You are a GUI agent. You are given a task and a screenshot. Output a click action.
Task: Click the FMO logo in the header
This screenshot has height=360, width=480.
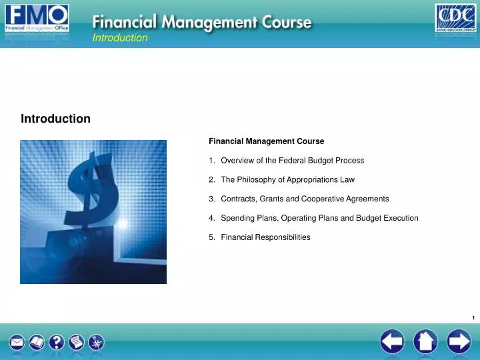pyautogui.click(x=37, y=19)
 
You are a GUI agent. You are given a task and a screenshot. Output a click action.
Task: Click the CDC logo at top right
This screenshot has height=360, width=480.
pyautogui.click(x=455, y=19)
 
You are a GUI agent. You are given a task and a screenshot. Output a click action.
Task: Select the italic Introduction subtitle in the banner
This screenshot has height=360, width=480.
pyautogui.click(x=120, y=38)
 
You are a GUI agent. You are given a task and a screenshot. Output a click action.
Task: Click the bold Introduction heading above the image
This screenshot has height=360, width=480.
pyautogui.click(x=55, y=119)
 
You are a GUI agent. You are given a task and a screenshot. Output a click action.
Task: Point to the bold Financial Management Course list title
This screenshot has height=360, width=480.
pyautogui.click(x=266, y=141)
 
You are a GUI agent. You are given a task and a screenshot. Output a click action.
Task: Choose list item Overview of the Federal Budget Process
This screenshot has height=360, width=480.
pyautogui.click(x=292, y=161)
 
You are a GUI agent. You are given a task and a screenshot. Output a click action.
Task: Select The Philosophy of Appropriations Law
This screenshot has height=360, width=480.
pyautogui.click(x=287, y=180)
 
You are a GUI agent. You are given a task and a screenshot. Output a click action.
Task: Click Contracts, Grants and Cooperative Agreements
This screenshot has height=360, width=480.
pyautogui.click(x=305, y=199)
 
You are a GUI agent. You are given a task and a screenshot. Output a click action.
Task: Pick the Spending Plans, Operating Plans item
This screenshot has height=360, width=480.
pyautogui.click(x=319, y=219)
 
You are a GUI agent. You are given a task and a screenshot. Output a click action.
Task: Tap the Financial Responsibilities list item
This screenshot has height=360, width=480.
pyautogui.click(x=265, y=238)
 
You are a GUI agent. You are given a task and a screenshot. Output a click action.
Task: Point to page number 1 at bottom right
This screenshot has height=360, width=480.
pyautogui.click(x=473, y=318)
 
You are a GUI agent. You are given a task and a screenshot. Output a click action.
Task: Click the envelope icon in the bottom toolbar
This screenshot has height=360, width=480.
pyautogui.click(x=17, y=343)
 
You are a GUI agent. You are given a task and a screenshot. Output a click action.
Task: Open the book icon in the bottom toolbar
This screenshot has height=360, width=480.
pyautogui.click(x=37, y=343)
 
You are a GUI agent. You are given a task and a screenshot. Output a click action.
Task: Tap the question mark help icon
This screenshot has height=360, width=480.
pyautogui.click(x=57, y=343)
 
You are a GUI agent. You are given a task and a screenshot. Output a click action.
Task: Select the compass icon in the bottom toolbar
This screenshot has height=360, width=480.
pyautogui.click(x=97, y=343)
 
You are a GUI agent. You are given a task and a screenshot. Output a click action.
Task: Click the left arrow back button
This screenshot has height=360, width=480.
pyautogui.click(x=392, y=343)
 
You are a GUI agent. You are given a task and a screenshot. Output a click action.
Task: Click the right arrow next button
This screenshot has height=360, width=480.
pyautogui.click(x=459, y=343)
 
